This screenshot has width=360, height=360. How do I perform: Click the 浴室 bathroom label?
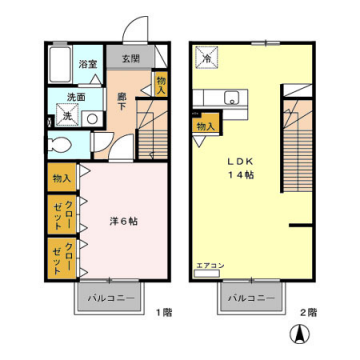(89, 63)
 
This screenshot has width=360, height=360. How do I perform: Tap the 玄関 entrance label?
(130, 58)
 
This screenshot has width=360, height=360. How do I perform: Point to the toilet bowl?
(59, 143)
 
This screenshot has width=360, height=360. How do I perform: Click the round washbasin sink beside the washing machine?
(91, 117)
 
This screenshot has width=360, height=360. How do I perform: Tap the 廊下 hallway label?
(122, 100)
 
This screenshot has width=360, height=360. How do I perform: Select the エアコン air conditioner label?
(208, 266)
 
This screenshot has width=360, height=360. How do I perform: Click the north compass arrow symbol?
(296, 335)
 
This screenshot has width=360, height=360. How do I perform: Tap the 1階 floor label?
(163, 313)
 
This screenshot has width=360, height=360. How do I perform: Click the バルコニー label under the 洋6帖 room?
(106, 299)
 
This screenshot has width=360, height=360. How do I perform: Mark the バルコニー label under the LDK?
(248, 299)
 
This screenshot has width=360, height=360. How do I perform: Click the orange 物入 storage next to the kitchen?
(206, 126)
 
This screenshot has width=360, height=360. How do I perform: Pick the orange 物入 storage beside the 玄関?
(161, 84)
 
